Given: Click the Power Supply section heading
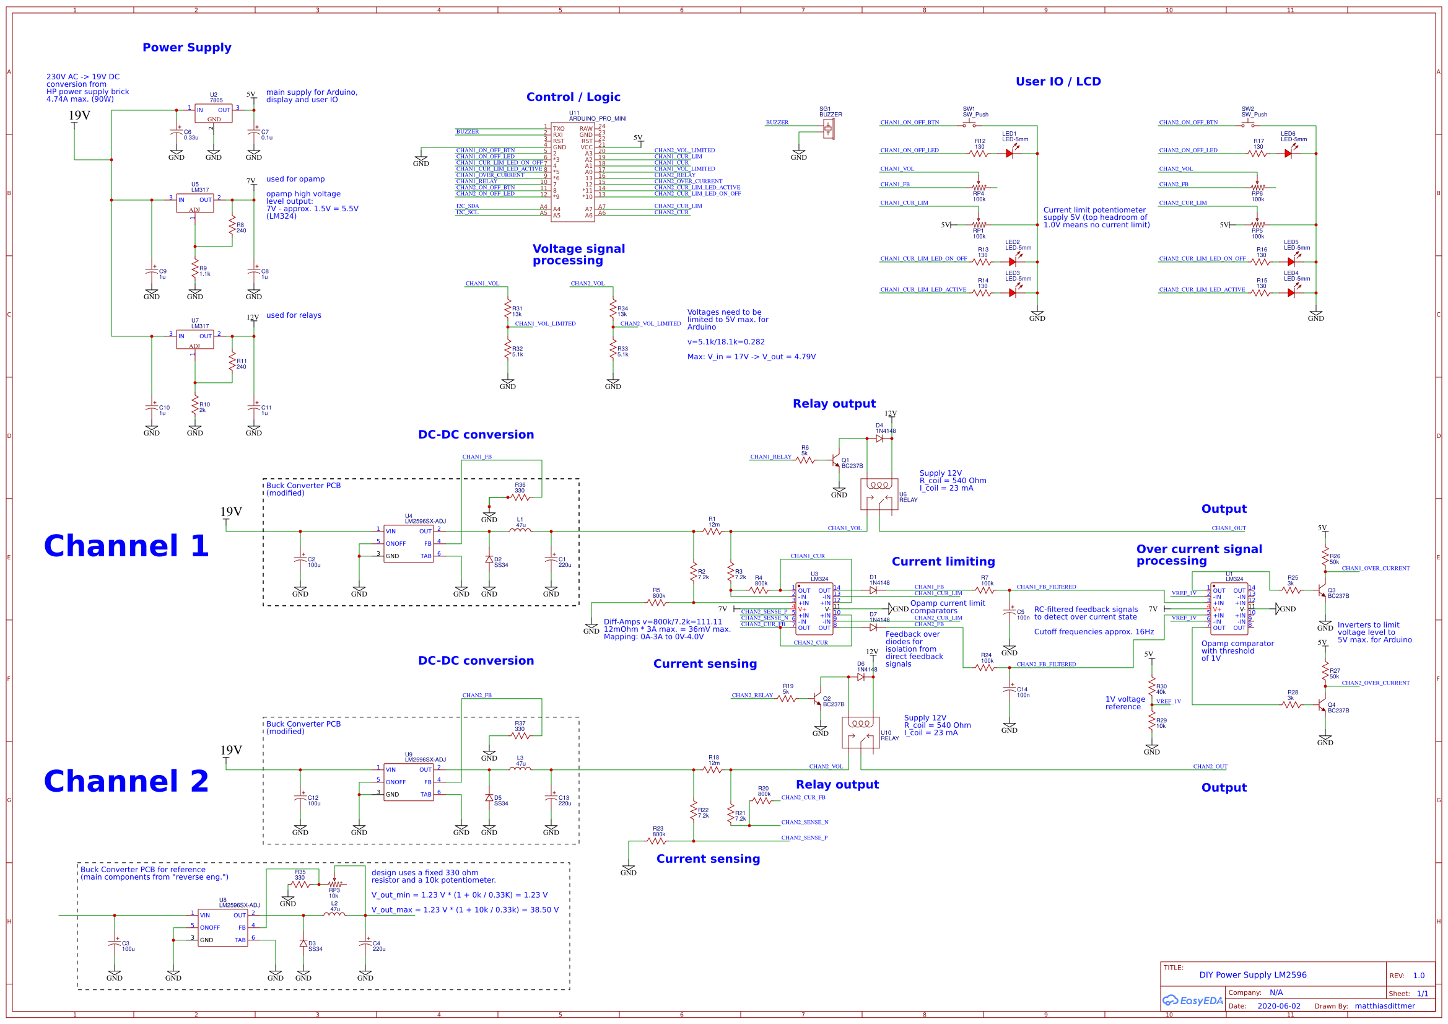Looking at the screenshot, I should tap(186, 47).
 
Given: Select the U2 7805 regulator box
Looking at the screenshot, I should tap(213, 113).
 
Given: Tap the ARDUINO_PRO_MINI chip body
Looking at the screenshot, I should tap(572, 172).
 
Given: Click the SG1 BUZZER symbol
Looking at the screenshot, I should tap(828, 129).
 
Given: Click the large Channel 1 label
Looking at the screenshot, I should tap(126, 546).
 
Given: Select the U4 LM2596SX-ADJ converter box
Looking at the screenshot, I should tap(408, 543).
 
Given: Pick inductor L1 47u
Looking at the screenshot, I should tap(520, 531).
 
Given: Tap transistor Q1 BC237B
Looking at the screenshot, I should tap(836, 462).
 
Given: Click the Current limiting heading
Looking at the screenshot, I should tap(943, 561).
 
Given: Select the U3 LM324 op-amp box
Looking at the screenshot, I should tap(814, 609).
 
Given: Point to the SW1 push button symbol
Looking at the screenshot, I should tap(969, 125).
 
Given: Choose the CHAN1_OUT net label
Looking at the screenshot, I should tap(1229, 528).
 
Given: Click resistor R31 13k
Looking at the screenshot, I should tap(508, 309).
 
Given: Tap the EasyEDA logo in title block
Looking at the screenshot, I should tap(1192, 1000).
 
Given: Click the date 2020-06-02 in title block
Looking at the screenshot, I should tap(1278, 1006).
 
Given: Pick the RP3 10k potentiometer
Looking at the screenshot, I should tap(335, 885).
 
